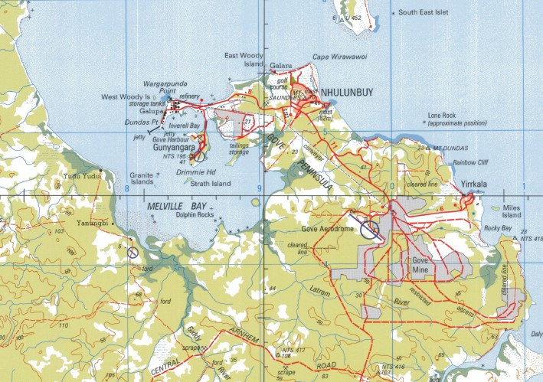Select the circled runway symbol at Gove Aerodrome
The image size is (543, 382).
click(370, 230)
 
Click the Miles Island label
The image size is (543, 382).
click(511, 211)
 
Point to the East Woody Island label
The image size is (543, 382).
click(243, 60)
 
